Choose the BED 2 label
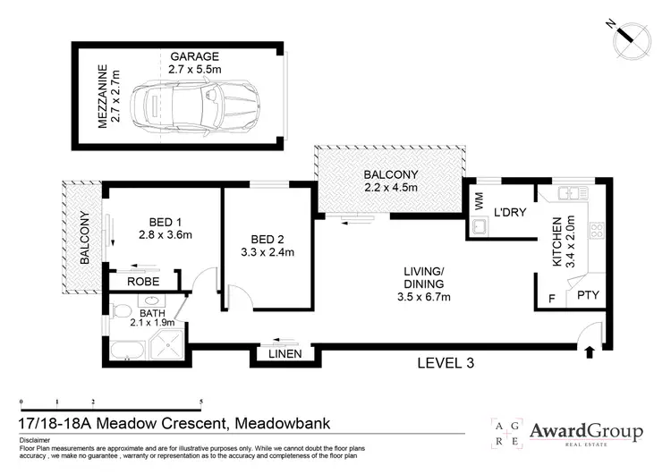click(268, 245)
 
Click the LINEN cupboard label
click(281, 354)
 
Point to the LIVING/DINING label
click(423, 278)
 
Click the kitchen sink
click(569, 194)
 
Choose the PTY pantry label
click(588, 294)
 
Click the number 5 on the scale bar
click(201, 402)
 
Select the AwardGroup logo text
click(586, 431)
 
